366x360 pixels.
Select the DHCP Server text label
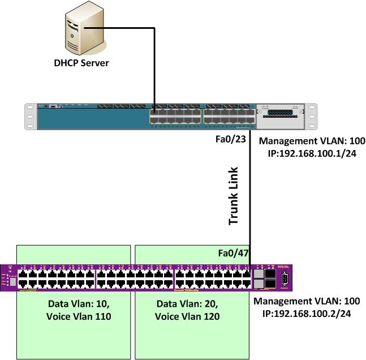click(x=81, y=63)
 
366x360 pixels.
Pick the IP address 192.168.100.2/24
click(x=306, y=312)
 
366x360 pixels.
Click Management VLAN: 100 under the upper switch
click(x=312, y=141)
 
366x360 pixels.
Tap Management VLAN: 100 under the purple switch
click(x=306, y=301)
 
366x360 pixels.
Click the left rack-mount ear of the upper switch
click(x=29, y=117)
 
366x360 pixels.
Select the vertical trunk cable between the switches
click(x=250, y=192)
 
